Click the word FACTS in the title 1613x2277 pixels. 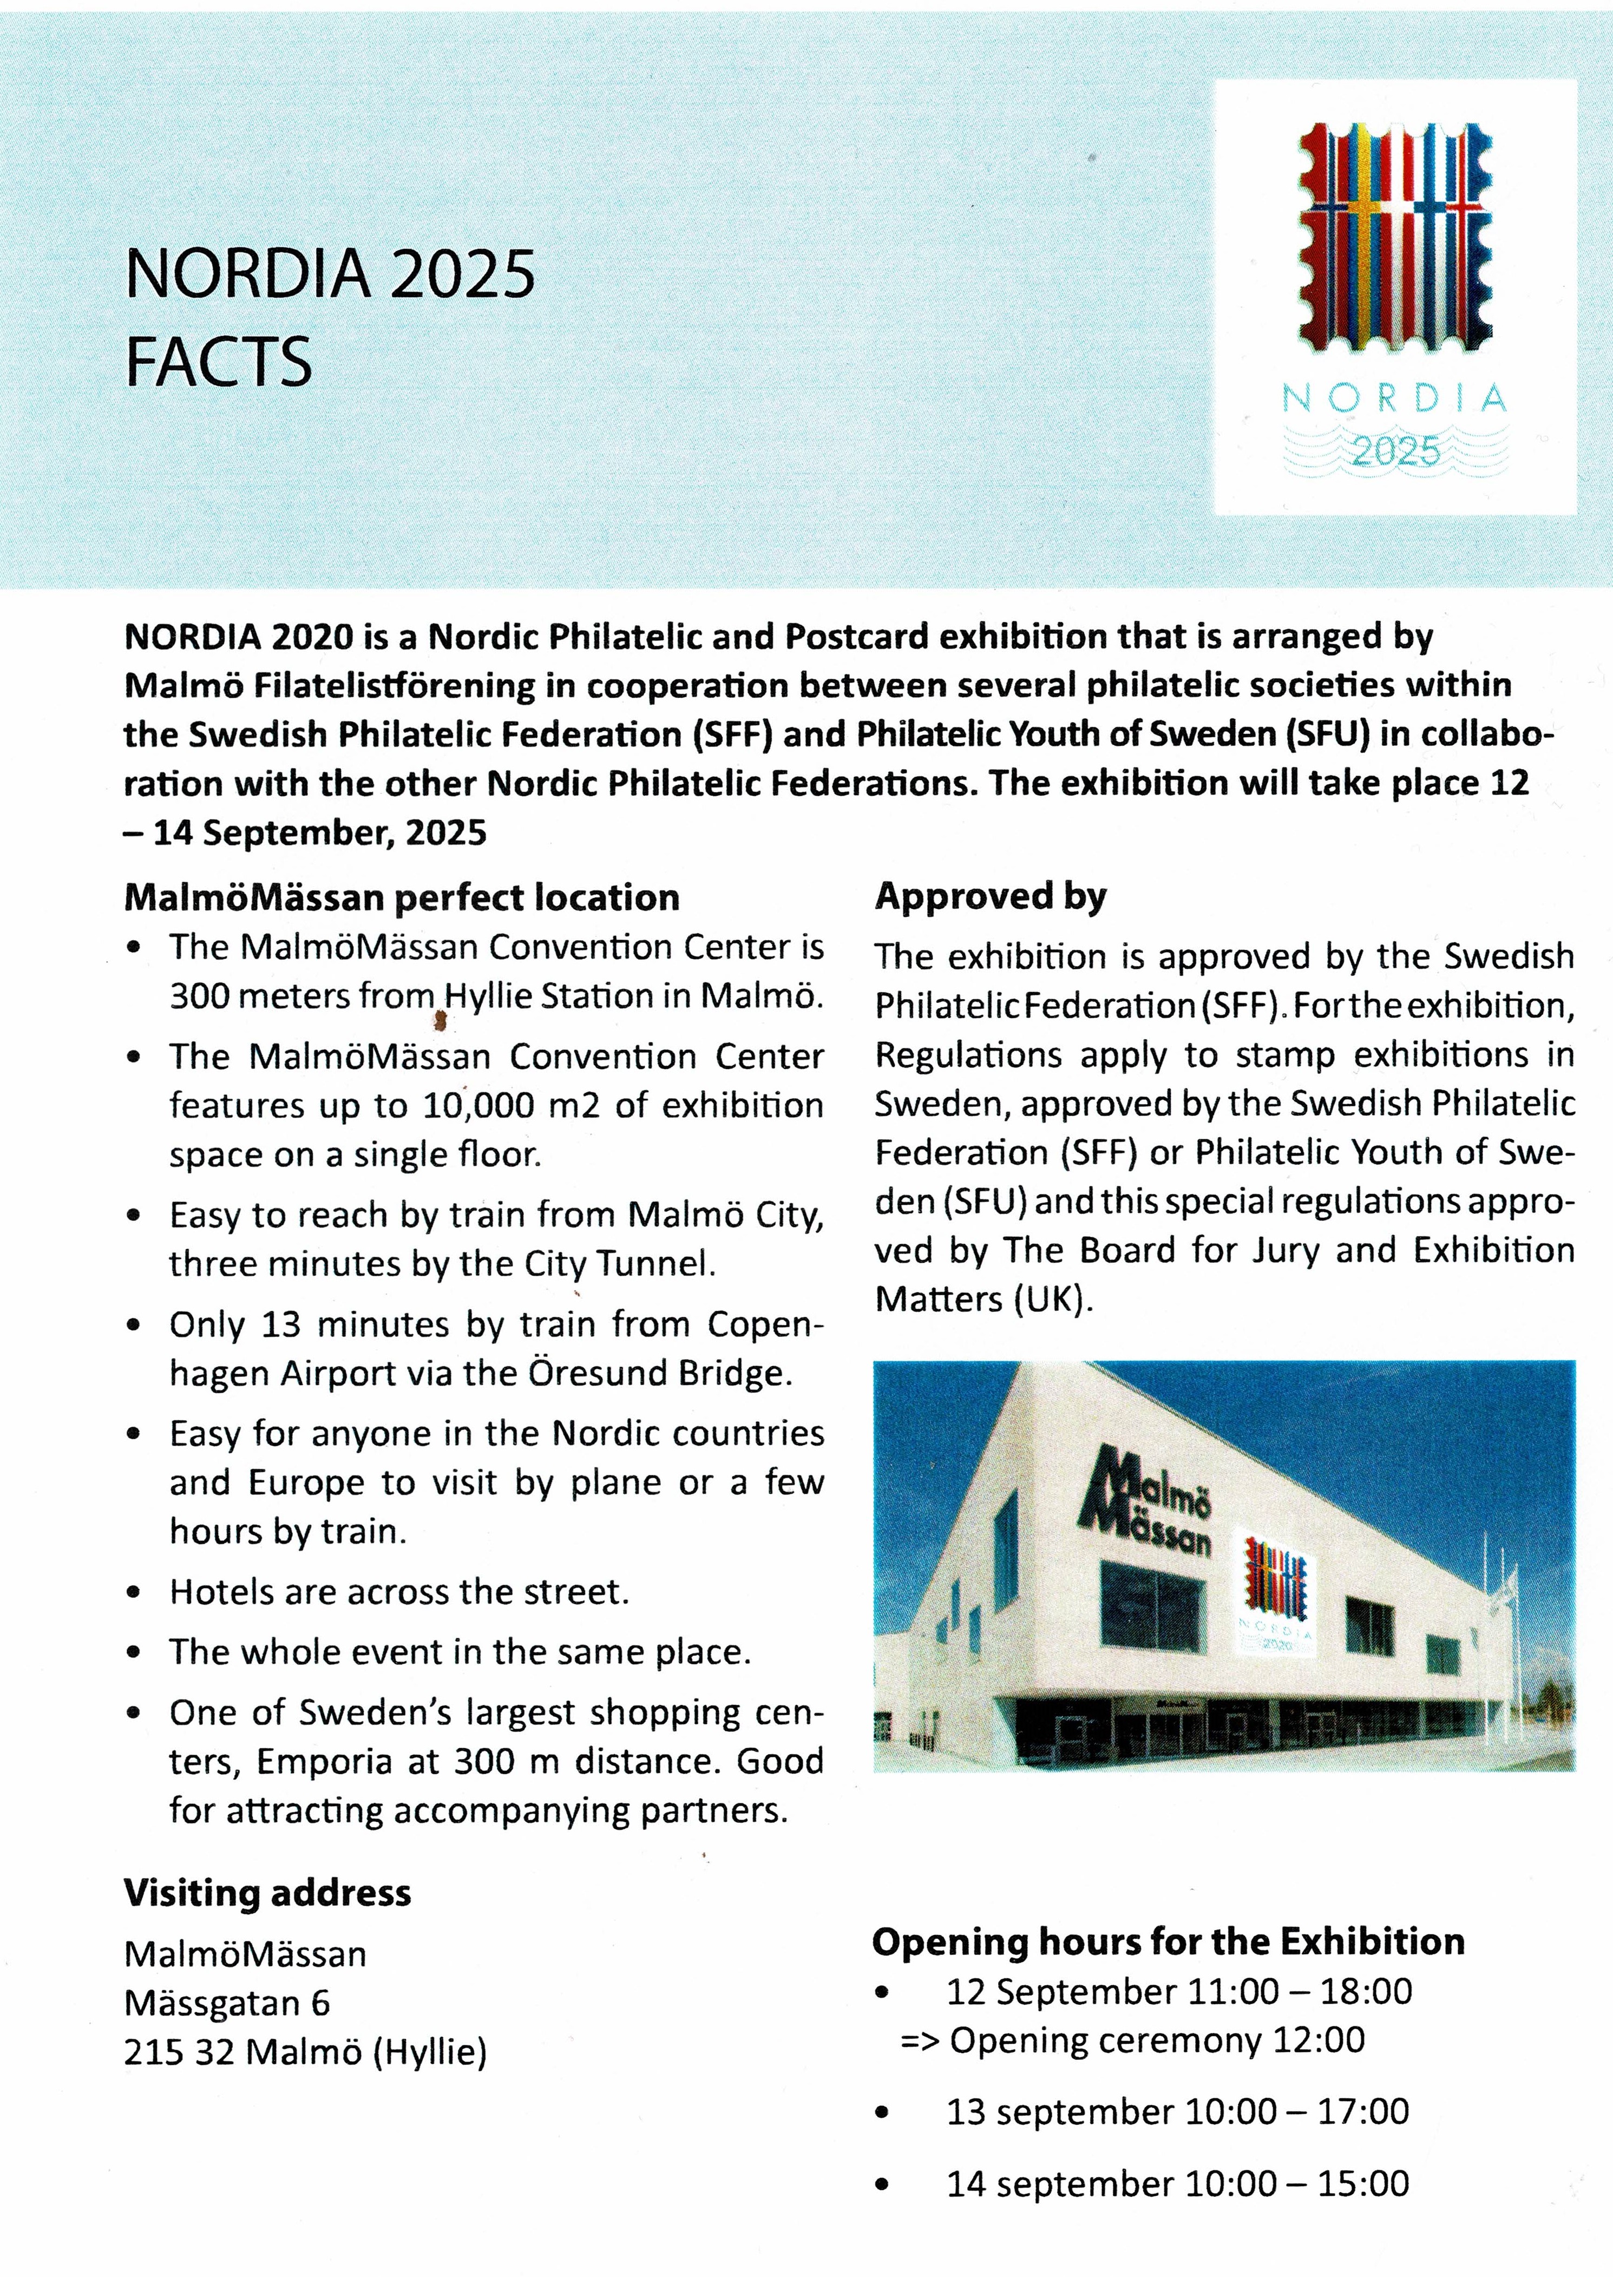click(x=219, y=362)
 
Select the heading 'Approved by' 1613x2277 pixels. click(x=989, y=897)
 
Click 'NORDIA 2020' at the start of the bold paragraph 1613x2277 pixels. click(x=238, y=636)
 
